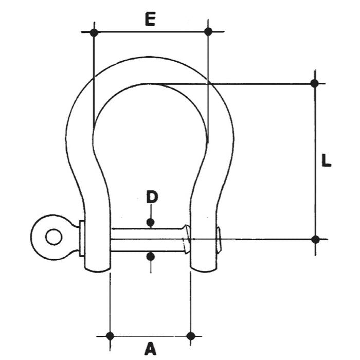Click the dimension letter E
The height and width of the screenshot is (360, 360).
pos(150,19)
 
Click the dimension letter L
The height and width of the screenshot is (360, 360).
pos(326,160)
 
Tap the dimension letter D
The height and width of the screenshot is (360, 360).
pos(152,197)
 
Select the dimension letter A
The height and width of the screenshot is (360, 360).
pos(150,349)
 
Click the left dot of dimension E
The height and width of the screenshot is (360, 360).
pos(94,32)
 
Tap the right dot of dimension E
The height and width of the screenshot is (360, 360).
pos(208,31)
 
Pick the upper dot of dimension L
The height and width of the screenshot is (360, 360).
pos(315,83)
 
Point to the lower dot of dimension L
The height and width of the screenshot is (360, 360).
pos(315,240)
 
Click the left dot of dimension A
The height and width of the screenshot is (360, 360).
pos(110,336)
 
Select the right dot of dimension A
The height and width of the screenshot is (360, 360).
pos(191,336)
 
